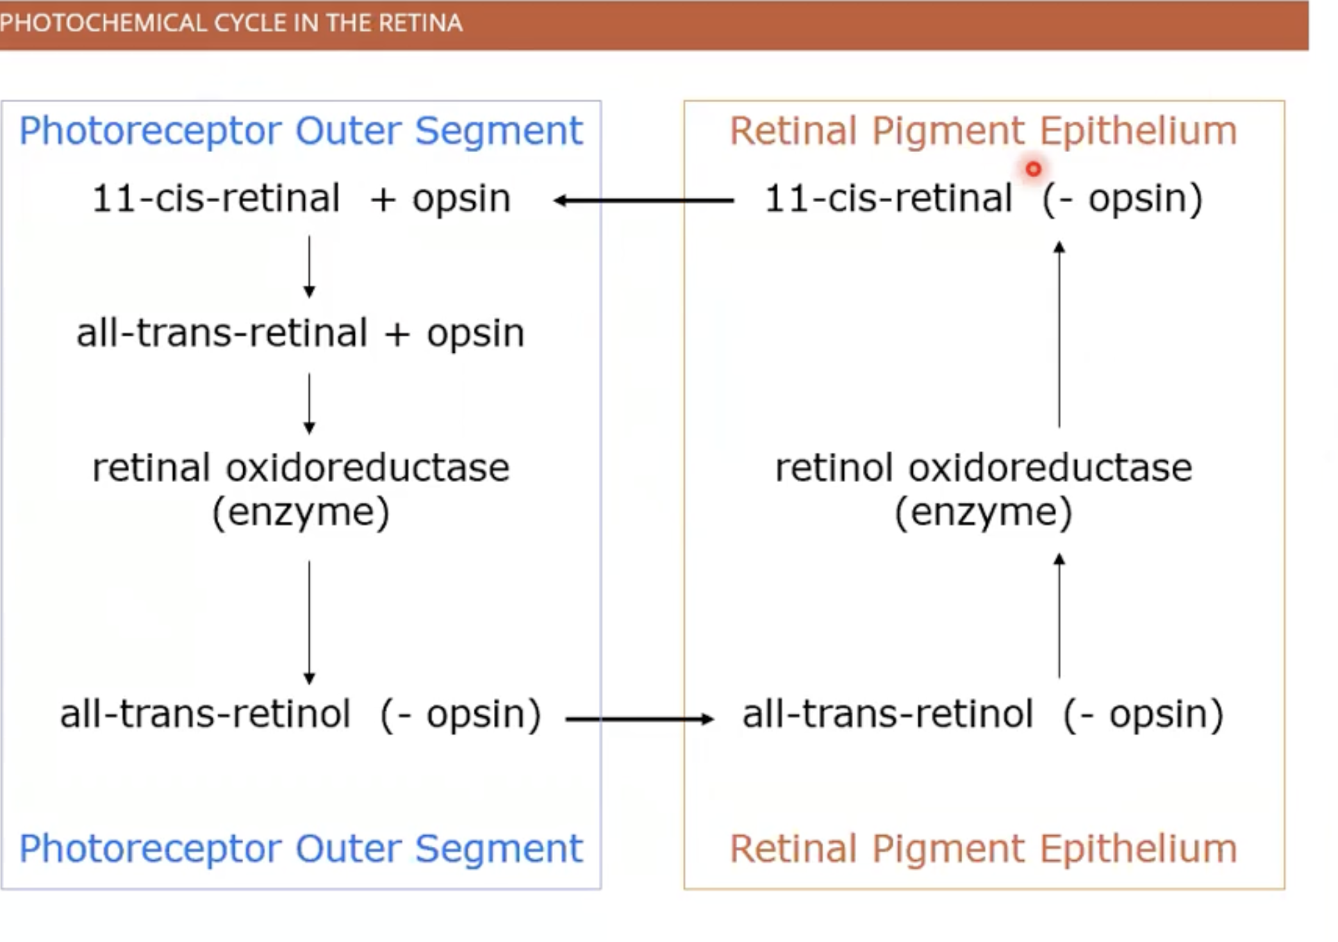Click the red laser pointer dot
click(x=1033, y=169)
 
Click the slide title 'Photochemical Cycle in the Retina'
click(x=231, y=23)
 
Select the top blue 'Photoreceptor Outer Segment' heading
click(x=300, y=131)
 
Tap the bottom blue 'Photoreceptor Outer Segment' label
click(x=300, y=848)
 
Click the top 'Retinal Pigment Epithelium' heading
click(x=983, y=131)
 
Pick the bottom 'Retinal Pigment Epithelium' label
click(x=983, y=848)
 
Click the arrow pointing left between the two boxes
click(x=643, y=201)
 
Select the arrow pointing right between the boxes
click(x=639, y=719)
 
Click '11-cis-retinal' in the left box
click(x=215, y=199)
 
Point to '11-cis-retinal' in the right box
click(x=888, y=199)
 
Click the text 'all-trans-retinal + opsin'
click(x=300, y=333)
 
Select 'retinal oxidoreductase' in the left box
click(x=300, y=468)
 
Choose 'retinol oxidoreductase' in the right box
click(x=983, y=468)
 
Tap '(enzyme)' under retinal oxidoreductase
click(x=300, y=513)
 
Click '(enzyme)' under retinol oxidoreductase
click(x=983, y=513)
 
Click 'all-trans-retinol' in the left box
click(x=205, y=714)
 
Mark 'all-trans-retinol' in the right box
click(x=888, y=714)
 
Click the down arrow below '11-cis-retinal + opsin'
click(x=309, y=267)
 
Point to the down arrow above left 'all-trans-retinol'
click(x=309, y=622)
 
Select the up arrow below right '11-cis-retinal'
click(x=1059, y=333)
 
